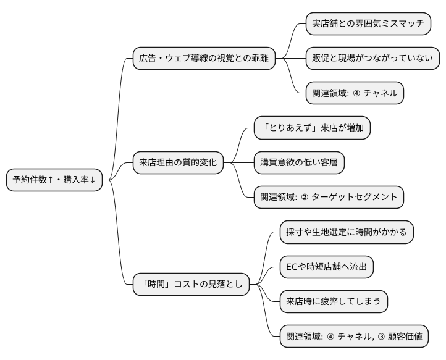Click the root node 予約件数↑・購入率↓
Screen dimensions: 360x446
54,180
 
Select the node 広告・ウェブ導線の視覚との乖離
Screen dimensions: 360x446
204,59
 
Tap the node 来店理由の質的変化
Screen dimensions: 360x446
178,162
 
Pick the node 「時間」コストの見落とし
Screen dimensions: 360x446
191,284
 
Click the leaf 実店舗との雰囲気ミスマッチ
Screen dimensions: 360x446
368,23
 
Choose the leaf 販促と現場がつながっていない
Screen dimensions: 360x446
373,59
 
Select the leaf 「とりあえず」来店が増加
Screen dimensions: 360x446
312,128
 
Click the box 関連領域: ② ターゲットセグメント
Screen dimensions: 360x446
329,197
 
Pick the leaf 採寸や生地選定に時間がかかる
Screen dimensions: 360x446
346,232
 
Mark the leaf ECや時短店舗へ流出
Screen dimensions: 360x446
326,267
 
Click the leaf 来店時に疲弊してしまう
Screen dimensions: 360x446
334,301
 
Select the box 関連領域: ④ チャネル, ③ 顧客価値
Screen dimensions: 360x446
354,337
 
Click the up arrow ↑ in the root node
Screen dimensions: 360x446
51,180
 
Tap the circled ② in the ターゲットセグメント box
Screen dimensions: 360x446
305,198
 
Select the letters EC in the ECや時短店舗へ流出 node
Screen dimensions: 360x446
292,267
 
